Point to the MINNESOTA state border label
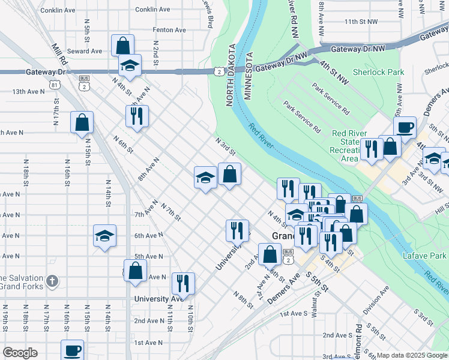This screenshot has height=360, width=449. [x=249, y=79]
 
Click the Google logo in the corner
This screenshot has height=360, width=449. [x=20, y=353]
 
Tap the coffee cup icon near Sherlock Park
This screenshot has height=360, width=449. [x=405, y=127]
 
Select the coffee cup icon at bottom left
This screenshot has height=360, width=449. [x=72, y=350]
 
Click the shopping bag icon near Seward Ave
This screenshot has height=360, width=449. [x=122, y=46]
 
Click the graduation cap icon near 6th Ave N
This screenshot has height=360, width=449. [x=104, y=236]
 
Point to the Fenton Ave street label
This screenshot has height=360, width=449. [x=169, y=30]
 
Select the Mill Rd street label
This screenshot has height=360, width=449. [x=58, y=54]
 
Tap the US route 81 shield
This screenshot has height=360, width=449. [x=55, y=85]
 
